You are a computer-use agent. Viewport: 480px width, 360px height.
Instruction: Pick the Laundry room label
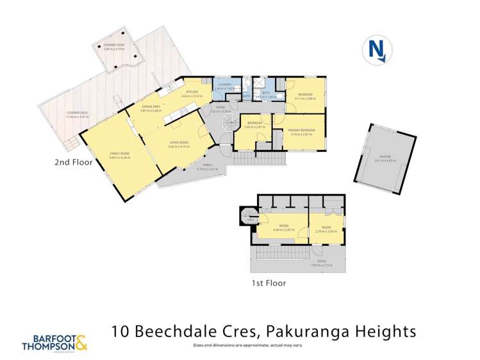click(x=226, y=86)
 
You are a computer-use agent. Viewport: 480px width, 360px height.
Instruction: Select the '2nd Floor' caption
click(x=73, y=163)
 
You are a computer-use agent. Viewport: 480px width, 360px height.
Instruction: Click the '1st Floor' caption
click(x=269, y=282)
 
